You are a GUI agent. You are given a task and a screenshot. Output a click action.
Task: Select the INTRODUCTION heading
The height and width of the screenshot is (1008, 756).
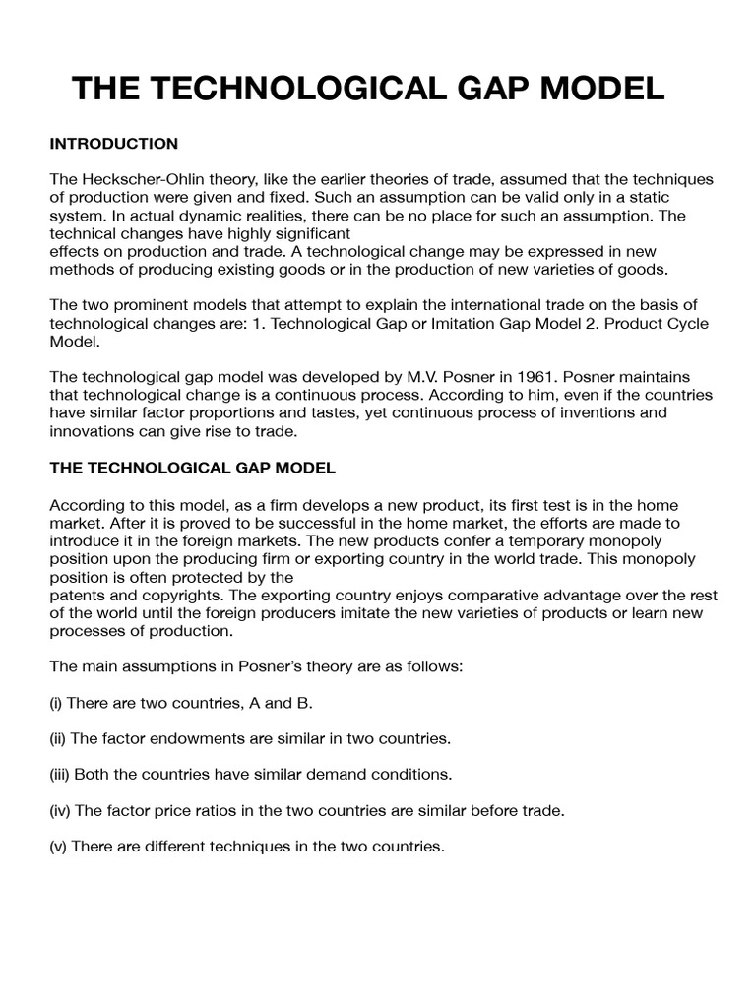pos(114,144)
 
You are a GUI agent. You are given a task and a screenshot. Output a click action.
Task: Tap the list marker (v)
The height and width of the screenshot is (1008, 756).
pos(60,845)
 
